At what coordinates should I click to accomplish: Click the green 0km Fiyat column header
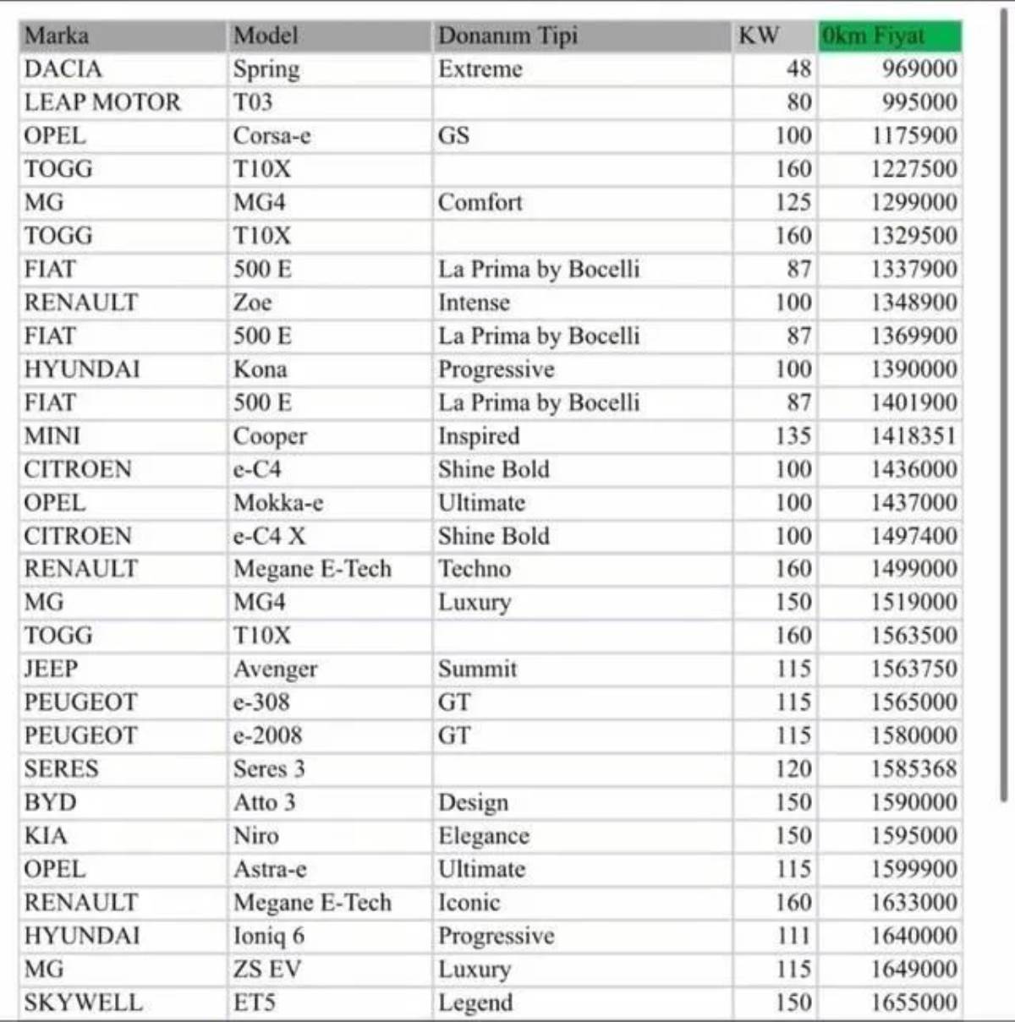click(890, 36)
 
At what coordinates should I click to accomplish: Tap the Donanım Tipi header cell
click(507, 36)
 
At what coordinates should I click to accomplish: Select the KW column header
click(759, 36)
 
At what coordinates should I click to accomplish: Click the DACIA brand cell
click(63, 69)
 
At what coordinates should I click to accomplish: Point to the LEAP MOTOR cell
click(102, 102)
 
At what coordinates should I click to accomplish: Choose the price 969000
click(919, 69)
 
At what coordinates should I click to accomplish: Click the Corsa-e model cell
click(272, 136)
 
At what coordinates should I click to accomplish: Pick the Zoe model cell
click(253, 303)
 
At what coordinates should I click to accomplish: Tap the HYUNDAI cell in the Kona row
click(82, 369)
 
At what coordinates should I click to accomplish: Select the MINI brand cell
click(52, 436)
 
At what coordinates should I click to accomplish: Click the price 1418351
click(913, 436)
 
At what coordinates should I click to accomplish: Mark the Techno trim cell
click(475, 569)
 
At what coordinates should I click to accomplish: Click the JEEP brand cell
click(51, 669)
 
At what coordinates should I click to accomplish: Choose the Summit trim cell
click(477, 669)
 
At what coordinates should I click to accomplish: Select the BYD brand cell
click(50, 802)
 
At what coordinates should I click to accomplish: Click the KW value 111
click(793, 936)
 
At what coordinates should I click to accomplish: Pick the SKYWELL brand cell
click(83, 1003)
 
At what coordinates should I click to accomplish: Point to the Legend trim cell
click(475, 1003)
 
